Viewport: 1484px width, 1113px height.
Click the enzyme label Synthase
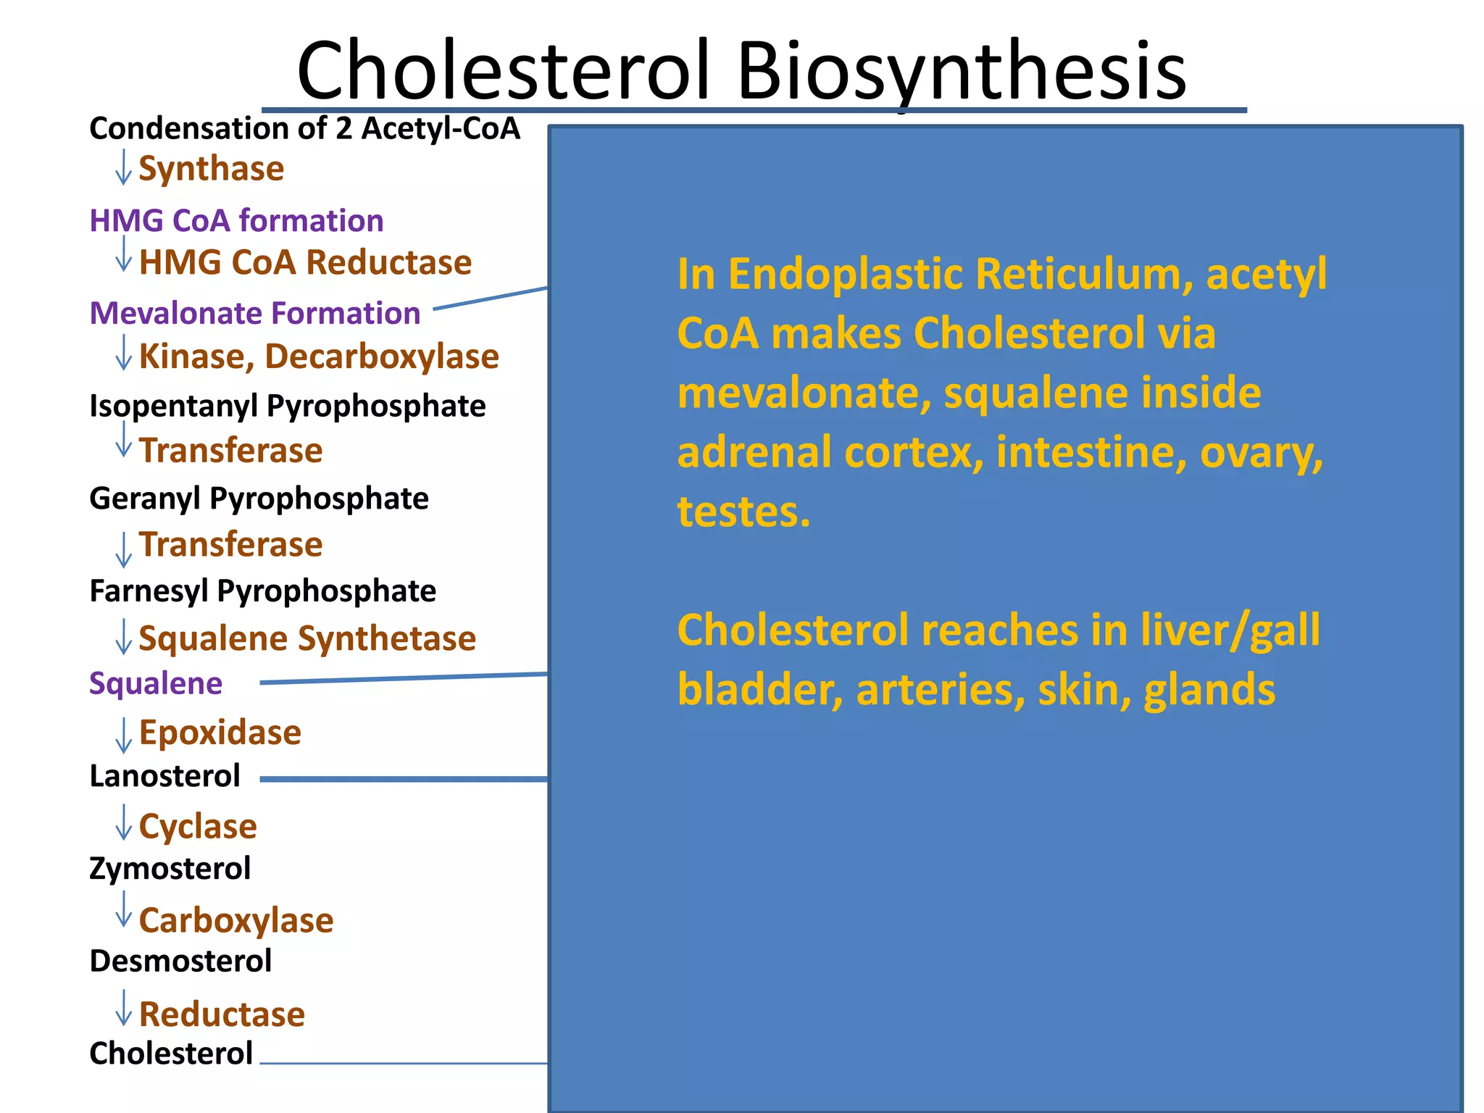pos(211,169)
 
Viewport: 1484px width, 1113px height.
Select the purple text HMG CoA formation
pos(236,220)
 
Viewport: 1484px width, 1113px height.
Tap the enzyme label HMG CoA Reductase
pos(305,262)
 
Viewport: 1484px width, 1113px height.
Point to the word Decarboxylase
pos(382,357)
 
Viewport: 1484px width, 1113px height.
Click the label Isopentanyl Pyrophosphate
pos(287,406)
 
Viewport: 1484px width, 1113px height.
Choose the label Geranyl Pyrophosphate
pos(259,499)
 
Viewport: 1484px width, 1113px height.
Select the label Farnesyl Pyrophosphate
pos(262,591)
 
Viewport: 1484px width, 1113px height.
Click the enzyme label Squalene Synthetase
pos(307,638)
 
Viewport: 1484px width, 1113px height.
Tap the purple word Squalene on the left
pos(156,683)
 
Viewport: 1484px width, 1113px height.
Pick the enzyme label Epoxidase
pos(220,733)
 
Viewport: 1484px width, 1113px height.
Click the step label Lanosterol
pos(164,776)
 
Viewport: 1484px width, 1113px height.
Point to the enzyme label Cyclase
pos(198,827)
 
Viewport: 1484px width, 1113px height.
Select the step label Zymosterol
pos(170,869)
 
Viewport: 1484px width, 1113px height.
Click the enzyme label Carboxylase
pos(236,920)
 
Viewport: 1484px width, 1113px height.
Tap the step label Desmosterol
pos(180,962)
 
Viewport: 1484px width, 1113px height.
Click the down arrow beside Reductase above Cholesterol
pos(124,1008)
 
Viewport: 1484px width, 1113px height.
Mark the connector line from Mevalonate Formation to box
pos(491,299)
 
